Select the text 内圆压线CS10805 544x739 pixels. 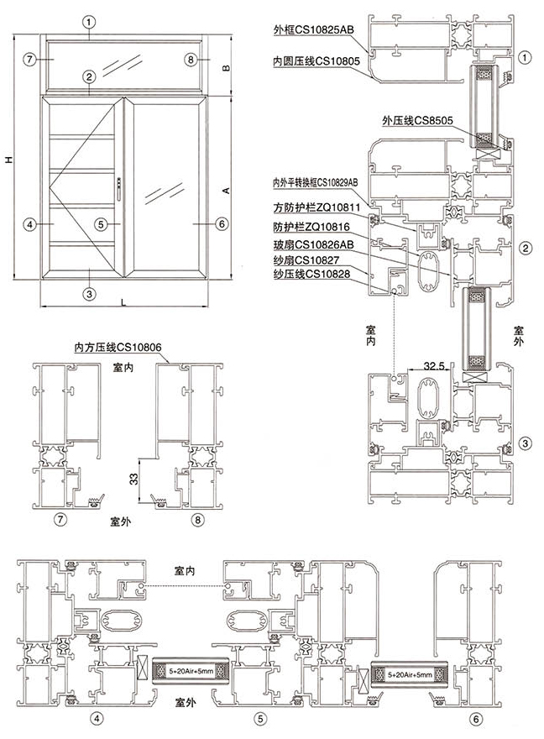(x=316, y=61)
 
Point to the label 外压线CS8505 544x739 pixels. (x=417, y=121)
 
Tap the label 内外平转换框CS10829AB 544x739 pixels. (x=315, y=181)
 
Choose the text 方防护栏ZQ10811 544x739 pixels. (x=316, y=207)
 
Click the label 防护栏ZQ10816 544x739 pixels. (x=311, y=227)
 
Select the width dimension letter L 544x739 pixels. (x=123, y=301)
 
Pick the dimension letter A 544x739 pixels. (x=226, y=191)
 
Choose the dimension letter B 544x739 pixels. (x=226, y=68)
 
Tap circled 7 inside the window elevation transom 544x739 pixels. (x=29, y=60)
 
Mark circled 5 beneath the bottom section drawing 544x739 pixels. (x=262, y=718)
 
